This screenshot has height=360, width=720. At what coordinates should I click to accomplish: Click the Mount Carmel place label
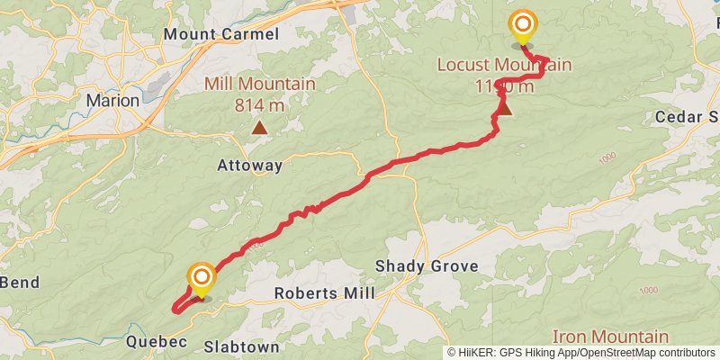point(221,34)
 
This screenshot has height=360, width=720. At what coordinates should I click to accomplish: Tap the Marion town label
point(112,101)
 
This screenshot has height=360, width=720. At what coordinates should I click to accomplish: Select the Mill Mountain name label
point(260,85)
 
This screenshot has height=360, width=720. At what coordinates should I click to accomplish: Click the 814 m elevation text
point(260,104)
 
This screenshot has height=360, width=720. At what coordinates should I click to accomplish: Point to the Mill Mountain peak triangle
point(260,129)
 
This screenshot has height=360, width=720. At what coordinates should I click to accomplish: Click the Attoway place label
point(249,166)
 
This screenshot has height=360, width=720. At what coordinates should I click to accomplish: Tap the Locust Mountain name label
point(504,65)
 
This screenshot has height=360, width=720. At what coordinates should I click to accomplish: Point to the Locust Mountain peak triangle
point(504,110)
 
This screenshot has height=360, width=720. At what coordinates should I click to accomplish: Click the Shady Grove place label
point(427,266)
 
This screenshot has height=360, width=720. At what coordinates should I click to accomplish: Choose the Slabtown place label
point(241,346)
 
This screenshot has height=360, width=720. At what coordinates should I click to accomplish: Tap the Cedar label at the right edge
point(686,118)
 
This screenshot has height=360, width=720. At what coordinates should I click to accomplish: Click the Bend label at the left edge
point(19,283)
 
